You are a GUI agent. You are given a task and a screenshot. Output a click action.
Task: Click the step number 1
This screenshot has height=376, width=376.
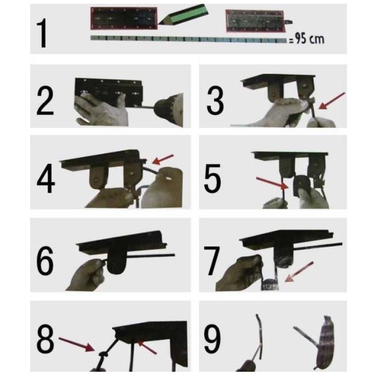click(43, 33)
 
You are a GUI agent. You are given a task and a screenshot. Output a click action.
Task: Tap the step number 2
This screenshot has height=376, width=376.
click(45, 100)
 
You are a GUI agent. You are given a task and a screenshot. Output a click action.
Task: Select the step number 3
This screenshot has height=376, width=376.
click(215, 100)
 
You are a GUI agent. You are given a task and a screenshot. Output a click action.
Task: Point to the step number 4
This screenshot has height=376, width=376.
click(46, 179)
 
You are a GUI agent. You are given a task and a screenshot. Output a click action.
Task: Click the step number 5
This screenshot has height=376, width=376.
click(213, 179)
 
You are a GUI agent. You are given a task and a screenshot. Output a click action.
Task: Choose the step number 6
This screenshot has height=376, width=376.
click(45, 261)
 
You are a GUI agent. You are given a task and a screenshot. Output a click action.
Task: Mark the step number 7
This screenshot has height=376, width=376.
click(212, 261)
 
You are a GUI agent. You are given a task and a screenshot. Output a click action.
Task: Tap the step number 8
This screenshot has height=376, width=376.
click(45, 339)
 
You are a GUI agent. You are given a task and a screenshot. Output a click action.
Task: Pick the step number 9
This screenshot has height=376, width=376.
click(212, 339)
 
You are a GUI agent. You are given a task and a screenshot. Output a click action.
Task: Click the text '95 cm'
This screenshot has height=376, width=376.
click(310, 38)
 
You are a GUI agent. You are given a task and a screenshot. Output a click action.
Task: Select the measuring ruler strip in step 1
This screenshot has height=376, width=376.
click(189, 39)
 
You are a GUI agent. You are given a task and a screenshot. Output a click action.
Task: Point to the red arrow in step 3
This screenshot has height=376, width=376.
click(332, 101)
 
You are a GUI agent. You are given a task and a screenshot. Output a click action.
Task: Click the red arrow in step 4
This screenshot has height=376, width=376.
click(163, 159)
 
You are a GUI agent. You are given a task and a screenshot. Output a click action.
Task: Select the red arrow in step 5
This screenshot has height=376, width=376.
click(272, 184)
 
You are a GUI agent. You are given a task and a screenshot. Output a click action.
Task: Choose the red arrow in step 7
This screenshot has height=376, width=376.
click(299, 271)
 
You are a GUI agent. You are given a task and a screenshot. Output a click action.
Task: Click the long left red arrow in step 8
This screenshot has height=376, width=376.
click(77, 344)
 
